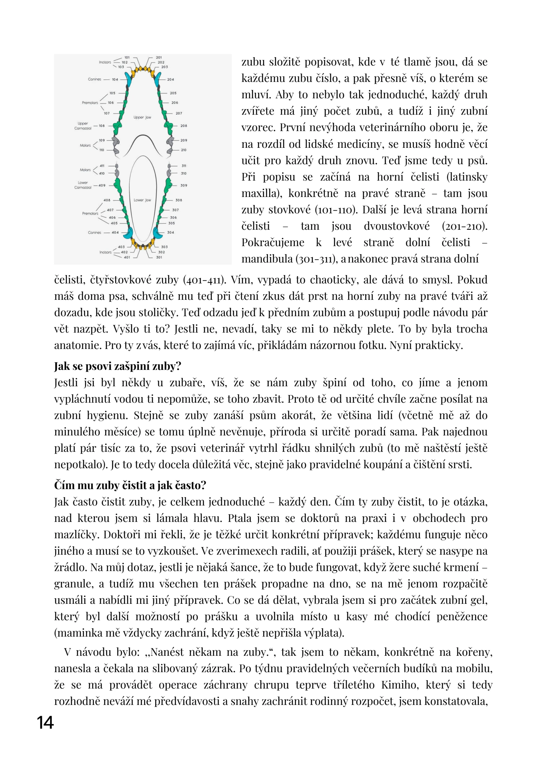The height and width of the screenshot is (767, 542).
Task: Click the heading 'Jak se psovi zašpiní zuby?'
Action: point(117,366)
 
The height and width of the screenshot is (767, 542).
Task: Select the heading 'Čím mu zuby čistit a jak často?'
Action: point(130,485)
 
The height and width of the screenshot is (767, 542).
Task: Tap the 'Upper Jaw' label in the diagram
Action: point(142,117)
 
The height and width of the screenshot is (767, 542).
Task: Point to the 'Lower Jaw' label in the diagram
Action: point(142,200)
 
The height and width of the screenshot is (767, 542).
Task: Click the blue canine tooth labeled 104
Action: point(130,79)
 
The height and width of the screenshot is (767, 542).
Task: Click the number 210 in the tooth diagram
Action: point(184,150)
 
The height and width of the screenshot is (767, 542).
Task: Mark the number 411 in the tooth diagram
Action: point(102,166)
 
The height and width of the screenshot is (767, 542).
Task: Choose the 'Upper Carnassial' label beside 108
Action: point(83,126)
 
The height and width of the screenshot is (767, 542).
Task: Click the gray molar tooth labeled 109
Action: point(116,141)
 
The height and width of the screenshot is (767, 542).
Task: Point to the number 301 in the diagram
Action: point(159,257)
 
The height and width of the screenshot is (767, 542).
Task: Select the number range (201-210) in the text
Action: point(464,226)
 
